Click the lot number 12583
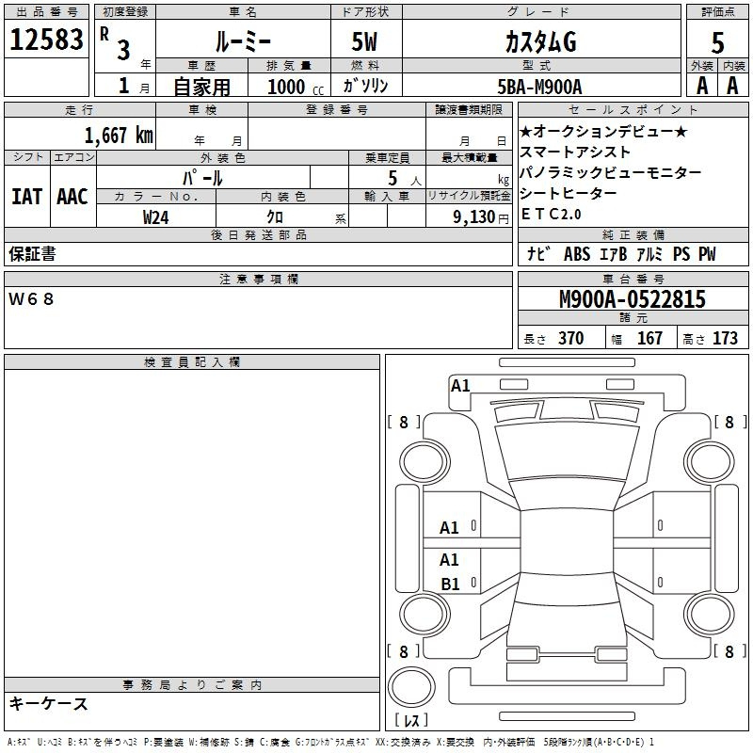(x=46, y=40)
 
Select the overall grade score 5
(x=717, y=42)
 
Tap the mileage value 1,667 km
(x=119, y=135)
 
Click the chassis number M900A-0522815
(x=633, y=298)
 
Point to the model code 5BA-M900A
(x=539, y=87)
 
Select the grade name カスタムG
(x=540, y=41)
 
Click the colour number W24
(x=155, y=217)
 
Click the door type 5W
(x=364, y=41)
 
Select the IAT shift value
(x=26, y=197)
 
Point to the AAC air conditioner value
(x=72, y=197)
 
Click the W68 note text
(x=31, y=299)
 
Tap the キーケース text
(x=49, y=703)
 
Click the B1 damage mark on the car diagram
(x=450, y=584)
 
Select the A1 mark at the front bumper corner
(x=460, y=386)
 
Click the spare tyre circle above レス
(x=411, y=687)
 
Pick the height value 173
(x=725, y=339)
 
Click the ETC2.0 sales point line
(x=551, y=215)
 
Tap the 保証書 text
(x=32, y=254)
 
